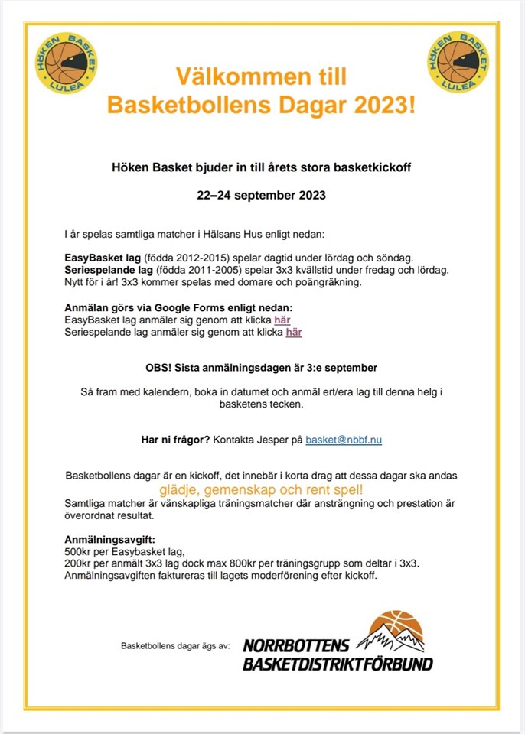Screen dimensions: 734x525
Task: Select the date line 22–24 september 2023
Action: [262, 195]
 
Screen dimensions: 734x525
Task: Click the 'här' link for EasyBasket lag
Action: [282, 320]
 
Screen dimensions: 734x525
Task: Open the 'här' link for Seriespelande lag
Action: [294, 332]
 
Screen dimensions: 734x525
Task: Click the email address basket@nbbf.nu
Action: [344, 440]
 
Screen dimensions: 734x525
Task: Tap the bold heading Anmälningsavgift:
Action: [110, 538]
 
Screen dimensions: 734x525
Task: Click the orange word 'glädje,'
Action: [181, 489]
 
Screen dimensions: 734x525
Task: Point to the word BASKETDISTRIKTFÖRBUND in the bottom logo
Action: [337, 664]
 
